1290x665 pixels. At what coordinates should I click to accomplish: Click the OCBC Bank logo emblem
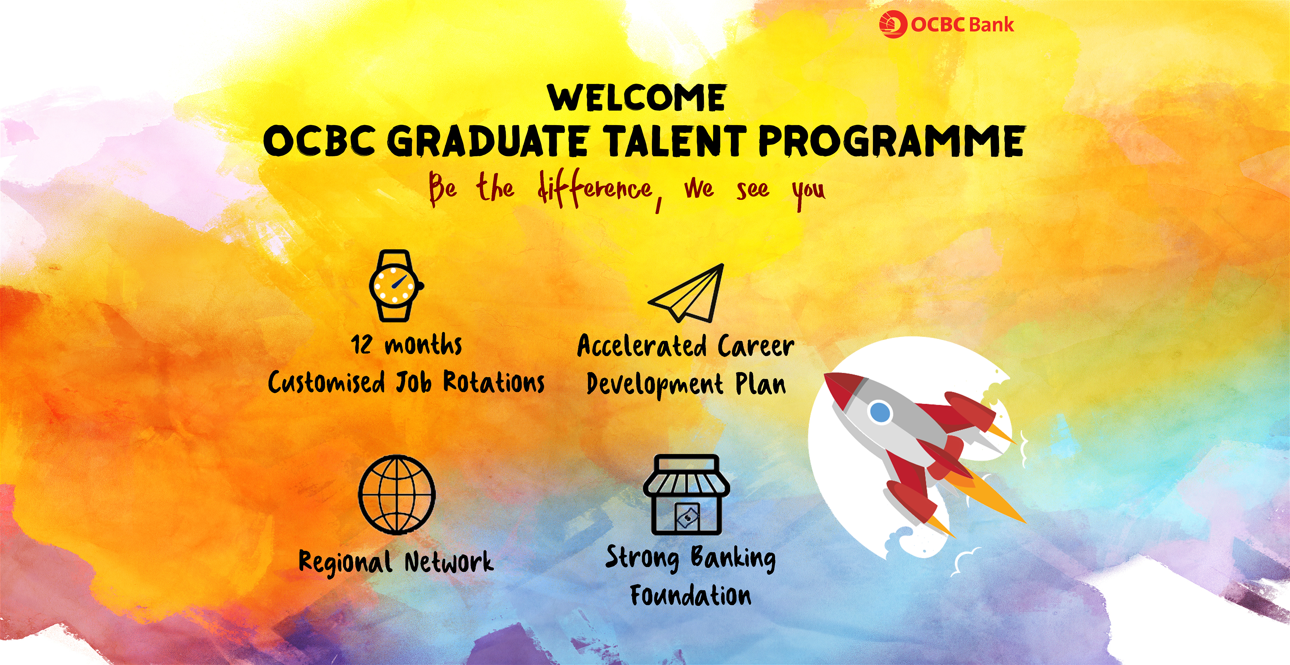click(x=893, y=25)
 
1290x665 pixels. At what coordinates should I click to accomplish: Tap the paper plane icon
click(x=686, y=293)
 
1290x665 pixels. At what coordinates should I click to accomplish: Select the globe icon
click(x=397, y=494)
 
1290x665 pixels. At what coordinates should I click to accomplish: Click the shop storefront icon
click(x=686, y=494)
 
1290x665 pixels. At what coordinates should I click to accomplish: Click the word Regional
click(x=345, y=562)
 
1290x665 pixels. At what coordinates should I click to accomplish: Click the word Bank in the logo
click(x=990, y=25)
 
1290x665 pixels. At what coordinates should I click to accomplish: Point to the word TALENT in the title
click(x=675, y=141)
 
